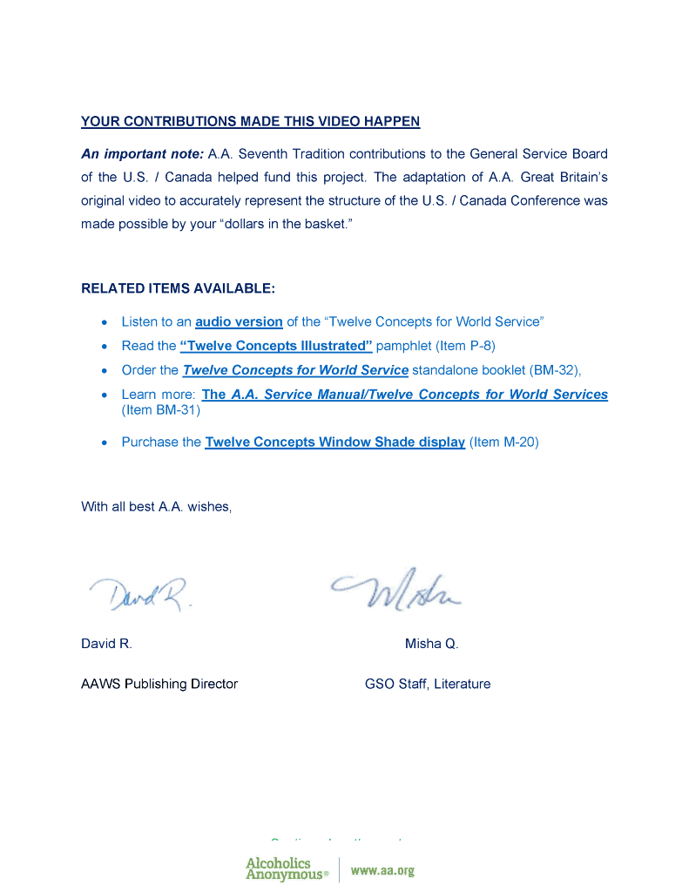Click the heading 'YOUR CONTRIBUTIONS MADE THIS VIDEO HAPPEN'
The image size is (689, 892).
point(250,121)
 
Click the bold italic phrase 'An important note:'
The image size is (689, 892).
point(142,154)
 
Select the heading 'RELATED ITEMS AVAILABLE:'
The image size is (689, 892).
point(178,288)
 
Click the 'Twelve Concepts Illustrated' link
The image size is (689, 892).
point(276,346)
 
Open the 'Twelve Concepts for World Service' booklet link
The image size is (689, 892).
point(295,370)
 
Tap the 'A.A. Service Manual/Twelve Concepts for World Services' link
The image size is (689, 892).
point(405,395)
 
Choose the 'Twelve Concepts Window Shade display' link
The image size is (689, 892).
point(334,443)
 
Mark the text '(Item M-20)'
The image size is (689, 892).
point(503,443)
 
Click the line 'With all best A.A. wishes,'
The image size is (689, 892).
point(157,507)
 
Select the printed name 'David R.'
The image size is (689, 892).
point(106,645)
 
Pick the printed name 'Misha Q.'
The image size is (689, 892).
point(431,645)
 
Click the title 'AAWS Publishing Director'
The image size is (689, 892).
point(159,685)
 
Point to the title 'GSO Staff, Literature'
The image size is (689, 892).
point(428,685)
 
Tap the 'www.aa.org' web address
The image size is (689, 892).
point(382,870)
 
